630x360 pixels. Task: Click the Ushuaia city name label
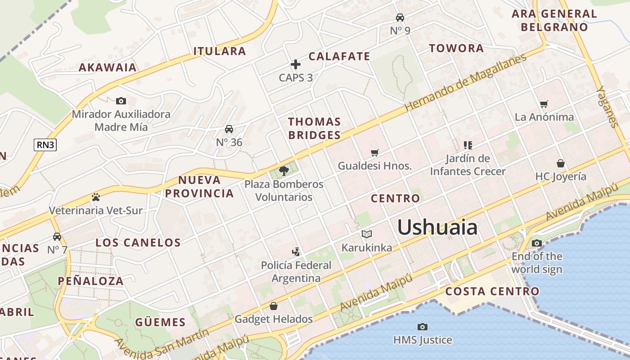[x=437, y=227]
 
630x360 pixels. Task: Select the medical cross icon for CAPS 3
[x=295, y=64]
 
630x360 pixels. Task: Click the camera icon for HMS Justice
[x=422, y=327]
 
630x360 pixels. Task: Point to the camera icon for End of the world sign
[x=536, y=243]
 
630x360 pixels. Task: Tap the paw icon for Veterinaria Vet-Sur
[x=95, y=197]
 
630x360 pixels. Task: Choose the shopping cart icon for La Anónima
[x=544, y=104]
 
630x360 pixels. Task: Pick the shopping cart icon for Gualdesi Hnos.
[x=374, y=153]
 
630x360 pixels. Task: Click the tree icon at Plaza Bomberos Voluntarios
[x=283, y=171]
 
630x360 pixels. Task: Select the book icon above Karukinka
[x=367, y=234]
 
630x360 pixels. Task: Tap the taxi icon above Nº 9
[x=400, y=18]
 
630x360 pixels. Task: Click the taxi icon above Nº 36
[x=229, y=129]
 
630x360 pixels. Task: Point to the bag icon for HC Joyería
[x=560, y=163]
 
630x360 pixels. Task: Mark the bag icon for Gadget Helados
[x=273, y=306]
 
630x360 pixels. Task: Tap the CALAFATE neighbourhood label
[x=339, y=56]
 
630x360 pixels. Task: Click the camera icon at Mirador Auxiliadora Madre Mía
[x=121, y=101]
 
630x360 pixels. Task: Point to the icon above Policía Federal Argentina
[x=296, y=252]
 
